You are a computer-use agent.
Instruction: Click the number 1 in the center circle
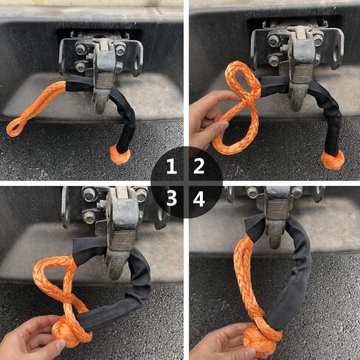(x=170, y=166)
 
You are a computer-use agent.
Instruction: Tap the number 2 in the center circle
(x=198, y=166)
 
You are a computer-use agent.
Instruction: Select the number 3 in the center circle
(x=170, y=198)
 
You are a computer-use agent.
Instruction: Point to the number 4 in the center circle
(x=198, y=198)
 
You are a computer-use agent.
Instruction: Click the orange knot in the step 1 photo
(x=119, y=154)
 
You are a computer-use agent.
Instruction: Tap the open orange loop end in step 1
(x=16, y=127)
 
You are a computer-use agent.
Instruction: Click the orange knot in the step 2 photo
(x=333, y=159)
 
